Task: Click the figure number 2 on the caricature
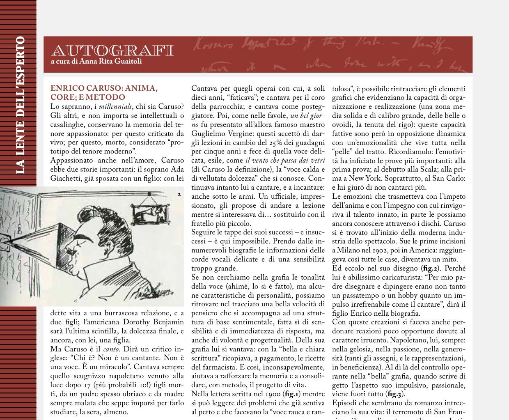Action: coord(179,195)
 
